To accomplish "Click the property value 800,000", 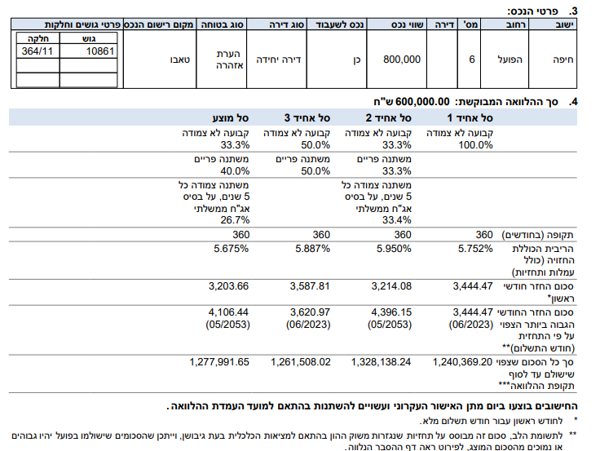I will coord(401,60).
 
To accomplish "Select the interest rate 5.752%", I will coord(476,249).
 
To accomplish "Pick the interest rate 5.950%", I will coord(393,249).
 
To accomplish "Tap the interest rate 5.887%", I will coord(311,249).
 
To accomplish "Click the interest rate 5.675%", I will coord(230,249).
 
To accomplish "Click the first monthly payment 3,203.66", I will coord(228,285).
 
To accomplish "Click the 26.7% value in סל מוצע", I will coord(233,219).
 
